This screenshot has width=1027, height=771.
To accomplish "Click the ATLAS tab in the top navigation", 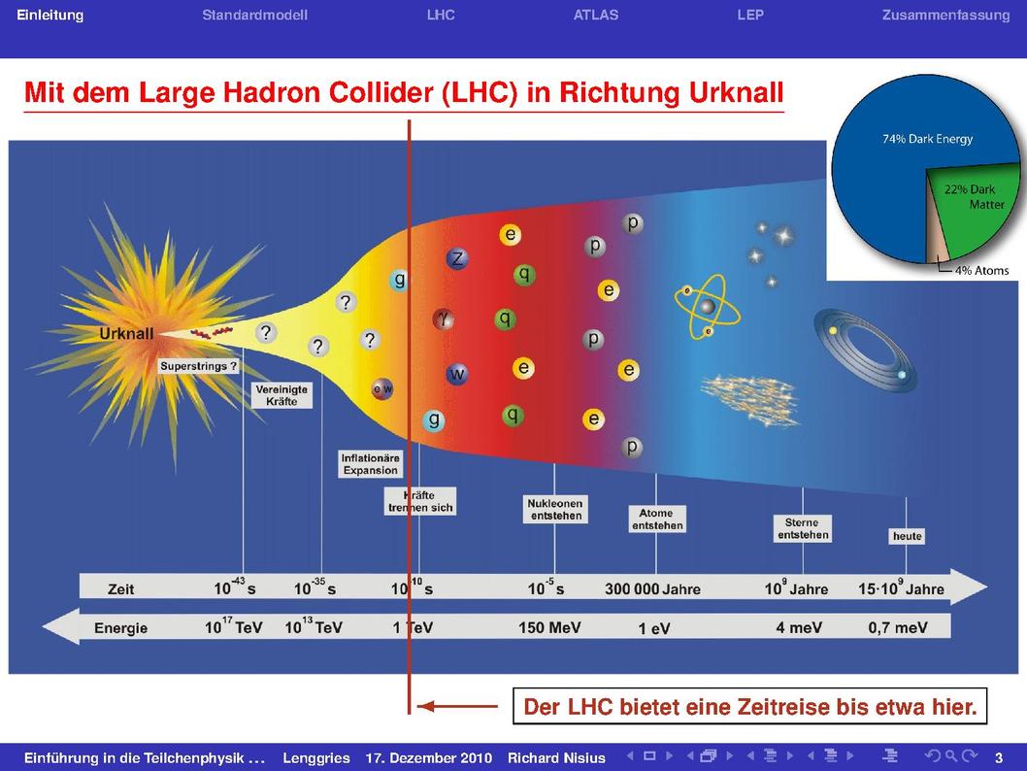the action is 595,16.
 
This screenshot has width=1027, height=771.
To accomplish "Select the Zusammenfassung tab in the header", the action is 945,16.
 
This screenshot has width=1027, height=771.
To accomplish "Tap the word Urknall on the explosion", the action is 126,333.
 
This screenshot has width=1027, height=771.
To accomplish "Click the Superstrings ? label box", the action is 198,366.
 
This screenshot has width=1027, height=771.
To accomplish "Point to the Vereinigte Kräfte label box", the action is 282,395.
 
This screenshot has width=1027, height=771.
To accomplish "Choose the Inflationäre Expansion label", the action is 371,464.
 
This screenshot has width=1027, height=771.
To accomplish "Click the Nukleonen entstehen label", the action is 556,510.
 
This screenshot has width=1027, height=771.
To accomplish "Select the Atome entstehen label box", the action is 657,519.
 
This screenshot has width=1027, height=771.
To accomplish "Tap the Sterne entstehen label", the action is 803,528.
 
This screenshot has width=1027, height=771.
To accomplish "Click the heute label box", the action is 908,536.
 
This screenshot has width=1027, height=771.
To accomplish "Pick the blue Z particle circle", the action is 458,258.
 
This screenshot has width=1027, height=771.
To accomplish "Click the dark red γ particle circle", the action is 444,319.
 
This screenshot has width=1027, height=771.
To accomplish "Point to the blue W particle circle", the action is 457,374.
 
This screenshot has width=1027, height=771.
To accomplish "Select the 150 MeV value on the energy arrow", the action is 549,627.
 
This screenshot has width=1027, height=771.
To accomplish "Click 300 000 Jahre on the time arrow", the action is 652,588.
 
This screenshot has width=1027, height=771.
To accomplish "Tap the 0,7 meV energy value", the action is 898,627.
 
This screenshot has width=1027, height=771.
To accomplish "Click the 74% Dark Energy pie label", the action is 927,139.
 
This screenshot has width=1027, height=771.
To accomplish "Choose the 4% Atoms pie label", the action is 981,271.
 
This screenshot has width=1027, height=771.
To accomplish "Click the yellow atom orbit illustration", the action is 708,306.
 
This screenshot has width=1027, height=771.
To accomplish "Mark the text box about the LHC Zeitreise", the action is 750,706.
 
